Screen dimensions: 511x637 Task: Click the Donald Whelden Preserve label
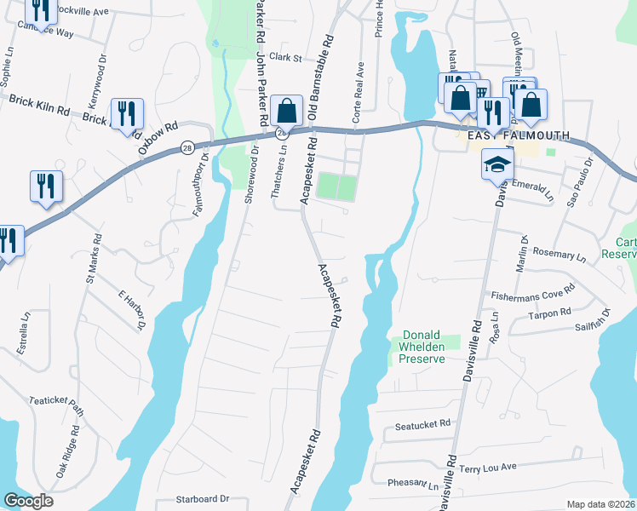tap(423, 347)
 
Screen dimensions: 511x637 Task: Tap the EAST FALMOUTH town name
tap(516, 135)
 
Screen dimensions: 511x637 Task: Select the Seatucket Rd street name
tap(422, 422)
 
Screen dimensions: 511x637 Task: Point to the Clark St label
tap(286, 58)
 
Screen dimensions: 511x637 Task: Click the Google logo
tap(29, 501)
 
